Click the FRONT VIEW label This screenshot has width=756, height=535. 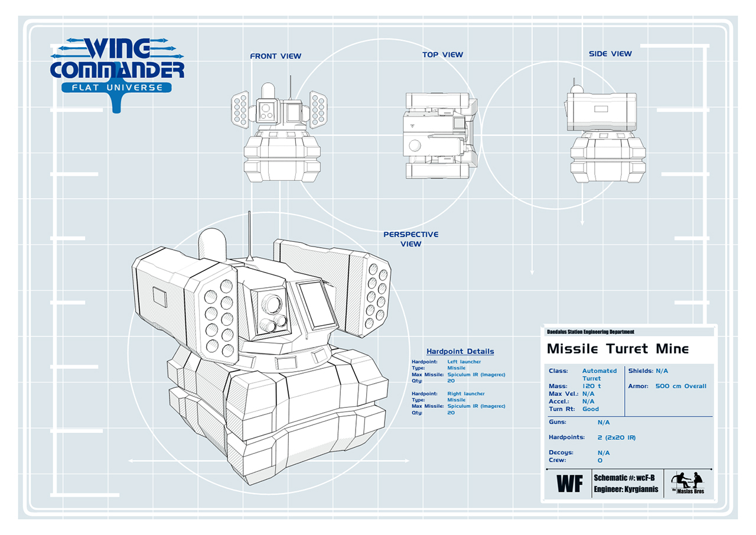point(275,56)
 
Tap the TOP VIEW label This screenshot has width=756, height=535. point(442,54)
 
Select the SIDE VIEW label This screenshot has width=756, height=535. point(610,54)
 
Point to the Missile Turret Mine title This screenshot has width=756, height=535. point(618,349)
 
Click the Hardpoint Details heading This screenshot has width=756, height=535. point(460,351)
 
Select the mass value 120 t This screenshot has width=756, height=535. point(592,386)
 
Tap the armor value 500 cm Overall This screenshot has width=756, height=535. point(680,386)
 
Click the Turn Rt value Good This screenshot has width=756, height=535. point(590,409)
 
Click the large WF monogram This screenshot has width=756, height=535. point(569,484)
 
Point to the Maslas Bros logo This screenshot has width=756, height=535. point(689,484)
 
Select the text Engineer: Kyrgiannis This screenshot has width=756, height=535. point(625,490)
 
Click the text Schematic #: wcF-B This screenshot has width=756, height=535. point(625,478)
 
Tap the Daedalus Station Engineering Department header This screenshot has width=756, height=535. point(590,332)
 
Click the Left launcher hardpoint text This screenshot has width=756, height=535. point(464,362)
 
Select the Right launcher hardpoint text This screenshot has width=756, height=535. point(466,394)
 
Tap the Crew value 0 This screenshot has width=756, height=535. point(599,460)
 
